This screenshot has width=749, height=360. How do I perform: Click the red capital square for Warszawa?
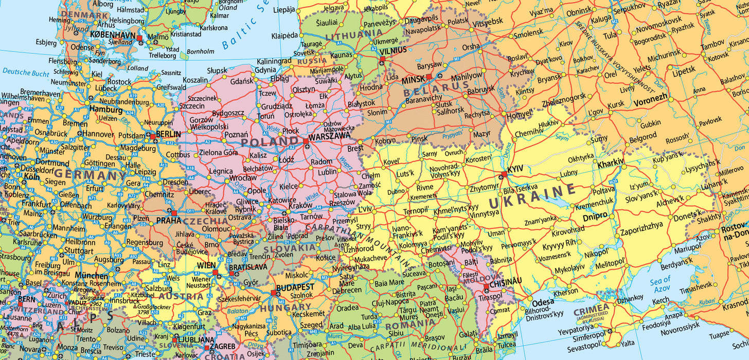pos(306,140)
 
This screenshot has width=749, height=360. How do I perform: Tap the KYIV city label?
pos(515,169)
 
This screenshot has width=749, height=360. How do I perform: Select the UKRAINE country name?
pos(531,195)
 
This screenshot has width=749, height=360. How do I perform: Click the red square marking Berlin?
pos(153,136)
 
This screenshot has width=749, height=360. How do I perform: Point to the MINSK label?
pos(413,79)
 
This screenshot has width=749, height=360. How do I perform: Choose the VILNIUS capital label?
pos(393,50)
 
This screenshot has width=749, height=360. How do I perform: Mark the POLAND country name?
pos(269,141)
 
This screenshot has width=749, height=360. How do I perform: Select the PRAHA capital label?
pos(169,220)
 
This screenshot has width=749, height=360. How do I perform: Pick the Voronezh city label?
pos(650,97)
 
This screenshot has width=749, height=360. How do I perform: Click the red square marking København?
pos(139,38)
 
